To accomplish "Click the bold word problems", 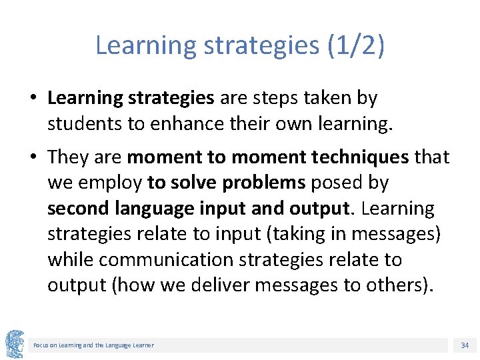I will pyautogui.click(x=264, y=183).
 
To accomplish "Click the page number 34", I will pyautogui.click(x=465, y=345).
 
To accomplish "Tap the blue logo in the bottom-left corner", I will pyautogui.click(x=15, y=344).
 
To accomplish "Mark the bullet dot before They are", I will pyautogui.click(x=33, y=158).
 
